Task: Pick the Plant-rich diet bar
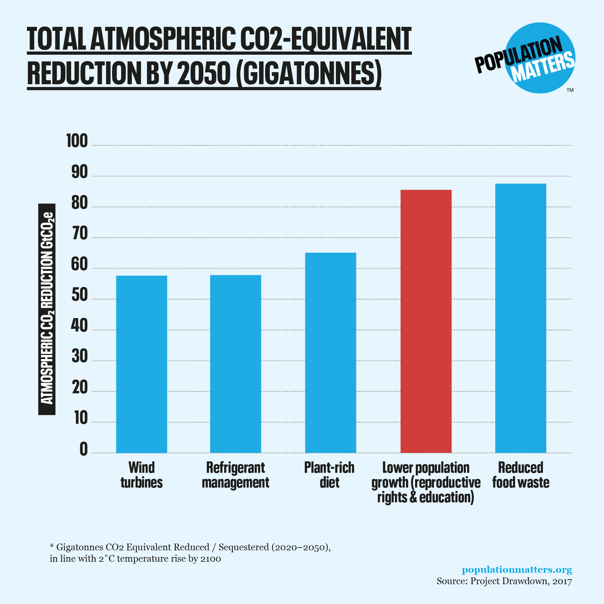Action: tap(331, 353)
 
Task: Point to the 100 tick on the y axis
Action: tap(77, 141)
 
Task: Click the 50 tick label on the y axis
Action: tap(80, 295)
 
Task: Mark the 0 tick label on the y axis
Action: tap(84, 449)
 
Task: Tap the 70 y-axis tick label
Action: tap(80, 234)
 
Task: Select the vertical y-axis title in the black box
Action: tap(47, 309)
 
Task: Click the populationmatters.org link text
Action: tap(517, 570)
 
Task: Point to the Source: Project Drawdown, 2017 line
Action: tap(504, 581)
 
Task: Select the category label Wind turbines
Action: tap(142, 475)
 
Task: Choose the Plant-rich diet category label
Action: tap(329, 475)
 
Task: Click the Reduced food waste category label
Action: tap(521, 475)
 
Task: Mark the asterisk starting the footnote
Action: tap(52, 546)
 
